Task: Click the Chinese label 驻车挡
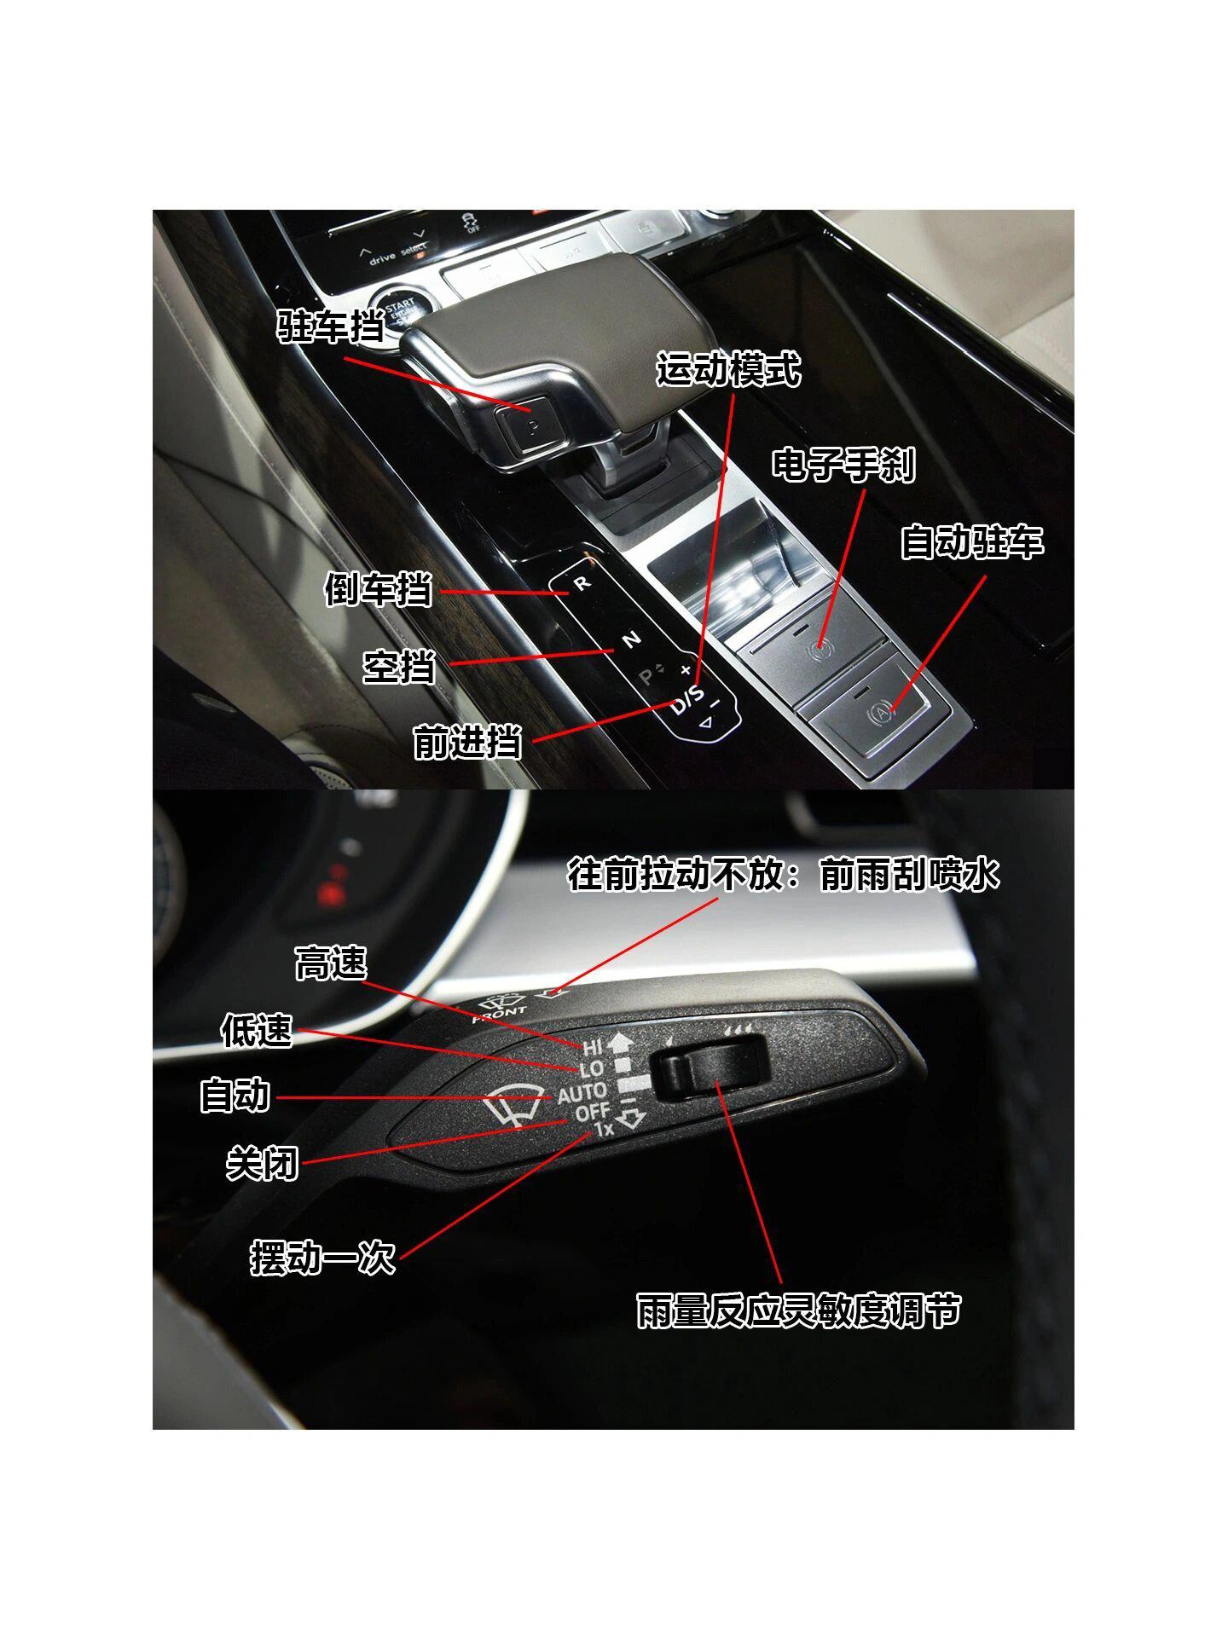point(331,326)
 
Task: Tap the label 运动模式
point(729,370)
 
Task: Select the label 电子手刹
point(844,465)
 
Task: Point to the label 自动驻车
point(972,542)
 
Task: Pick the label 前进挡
point(467,741)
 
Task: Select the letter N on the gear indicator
point(632,639)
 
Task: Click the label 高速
point(331,964)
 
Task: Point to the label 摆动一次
point(323,1258)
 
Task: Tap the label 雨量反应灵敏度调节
point(799,1310)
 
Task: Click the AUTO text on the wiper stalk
point(582,1092)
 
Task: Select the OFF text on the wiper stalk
point(592,1113)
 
